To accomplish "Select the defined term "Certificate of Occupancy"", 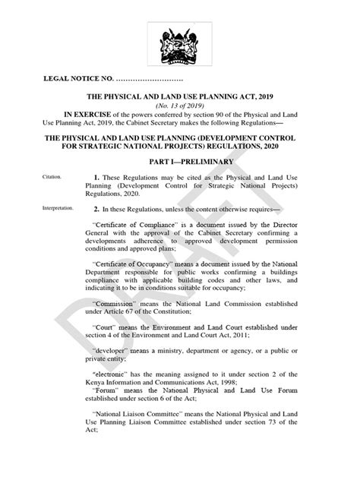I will pos(134,281).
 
